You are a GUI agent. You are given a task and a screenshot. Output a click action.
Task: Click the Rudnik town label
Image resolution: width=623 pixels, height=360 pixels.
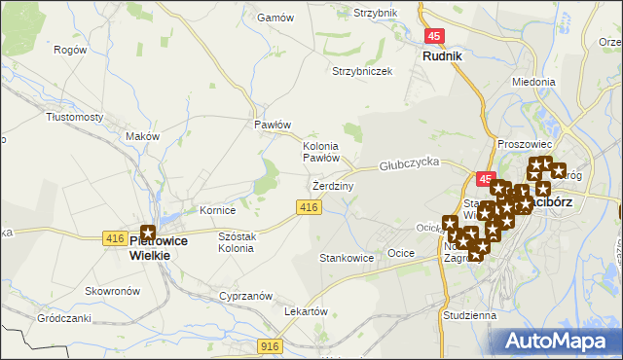point(441,56)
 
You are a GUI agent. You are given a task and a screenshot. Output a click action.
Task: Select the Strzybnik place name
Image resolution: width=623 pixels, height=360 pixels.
point(376,13)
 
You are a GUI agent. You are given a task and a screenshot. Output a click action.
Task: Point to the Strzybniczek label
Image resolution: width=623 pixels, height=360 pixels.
point(362,71)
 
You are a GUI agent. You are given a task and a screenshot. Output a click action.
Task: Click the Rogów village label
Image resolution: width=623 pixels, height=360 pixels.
point(70,50)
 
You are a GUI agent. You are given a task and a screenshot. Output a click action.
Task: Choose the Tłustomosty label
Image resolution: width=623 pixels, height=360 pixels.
point(75,117)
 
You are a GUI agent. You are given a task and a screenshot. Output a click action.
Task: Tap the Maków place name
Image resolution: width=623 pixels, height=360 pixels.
point(141,137)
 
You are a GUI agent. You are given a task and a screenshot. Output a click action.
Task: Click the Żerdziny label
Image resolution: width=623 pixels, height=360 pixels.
point(333,185)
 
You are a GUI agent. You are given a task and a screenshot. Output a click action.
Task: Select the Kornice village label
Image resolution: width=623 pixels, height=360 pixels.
point(218,210)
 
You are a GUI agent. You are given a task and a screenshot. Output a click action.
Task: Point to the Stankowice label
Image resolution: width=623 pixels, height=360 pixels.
point(347,259)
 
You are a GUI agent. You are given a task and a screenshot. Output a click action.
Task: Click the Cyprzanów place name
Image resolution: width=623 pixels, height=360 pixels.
point(244,295)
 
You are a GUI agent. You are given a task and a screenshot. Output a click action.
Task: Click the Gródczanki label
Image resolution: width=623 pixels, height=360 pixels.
point(64,318)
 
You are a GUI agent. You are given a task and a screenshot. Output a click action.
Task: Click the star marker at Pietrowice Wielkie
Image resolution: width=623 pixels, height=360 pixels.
point(148,233)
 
